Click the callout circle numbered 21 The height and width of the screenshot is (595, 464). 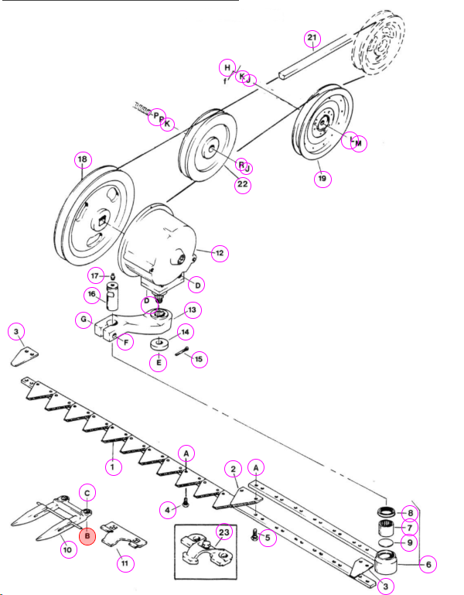[x=312, y=38]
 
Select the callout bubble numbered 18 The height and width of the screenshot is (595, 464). [x=83, y=159]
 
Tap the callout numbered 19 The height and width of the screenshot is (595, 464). [x=322, y=179]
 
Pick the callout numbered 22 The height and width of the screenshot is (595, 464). [x=243, y=184]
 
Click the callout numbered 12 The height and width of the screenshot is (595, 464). [x=220, y=253]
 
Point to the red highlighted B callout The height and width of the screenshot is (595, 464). [x=87, y=536]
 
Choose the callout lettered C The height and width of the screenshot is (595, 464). [x=87, y=493]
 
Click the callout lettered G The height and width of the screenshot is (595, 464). [x=84, y=320]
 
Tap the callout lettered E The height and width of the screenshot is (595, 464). [x=159, y=362]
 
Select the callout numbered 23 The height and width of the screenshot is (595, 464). [x=223, y=532]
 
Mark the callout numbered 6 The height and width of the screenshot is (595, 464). [x=428, y=565]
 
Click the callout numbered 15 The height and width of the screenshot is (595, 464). [x=200, y=359]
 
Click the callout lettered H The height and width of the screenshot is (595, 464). [x=227, y=67]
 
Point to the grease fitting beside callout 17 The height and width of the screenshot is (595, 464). [x=113, y=276]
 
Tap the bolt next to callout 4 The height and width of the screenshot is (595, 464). [x=186, y=502]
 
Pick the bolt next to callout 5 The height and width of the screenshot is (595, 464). [x=255, y=535]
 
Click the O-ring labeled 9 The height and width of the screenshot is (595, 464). [x=386, y=542]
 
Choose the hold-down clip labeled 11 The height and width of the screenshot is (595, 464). [x=123, y=535]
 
